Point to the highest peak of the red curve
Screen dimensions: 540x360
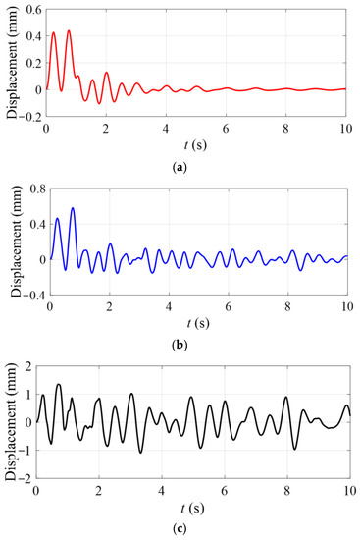point(68,30)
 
